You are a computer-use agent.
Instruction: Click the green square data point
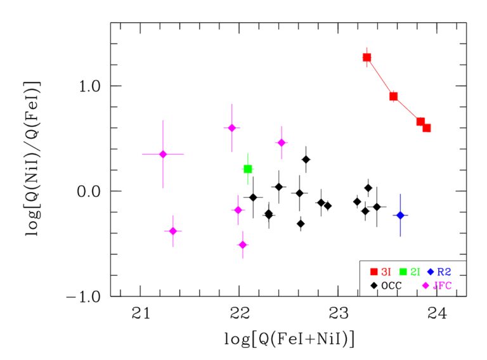click(248, 169)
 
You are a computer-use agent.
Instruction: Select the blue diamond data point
click(400, 215)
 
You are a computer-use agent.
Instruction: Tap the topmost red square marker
click(367, 57)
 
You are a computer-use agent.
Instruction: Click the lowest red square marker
click(427, 128)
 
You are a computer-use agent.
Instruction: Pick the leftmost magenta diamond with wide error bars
click(163, 154)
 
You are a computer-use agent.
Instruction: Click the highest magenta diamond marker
click(231, 128)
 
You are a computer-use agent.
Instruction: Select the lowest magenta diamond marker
click(242, 245)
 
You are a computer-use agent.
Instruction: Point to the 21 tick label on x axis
click(140, 312)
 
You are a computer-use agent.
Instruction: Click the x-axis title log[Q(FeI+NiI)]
click(289, 339)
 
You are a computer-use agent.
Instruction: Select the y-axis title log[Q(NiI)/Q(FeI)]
click(32, 159)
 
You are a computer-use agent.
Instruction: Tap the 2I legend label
click(416, 272)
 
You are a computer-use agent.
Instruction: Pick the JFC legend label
click(443, 286)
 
